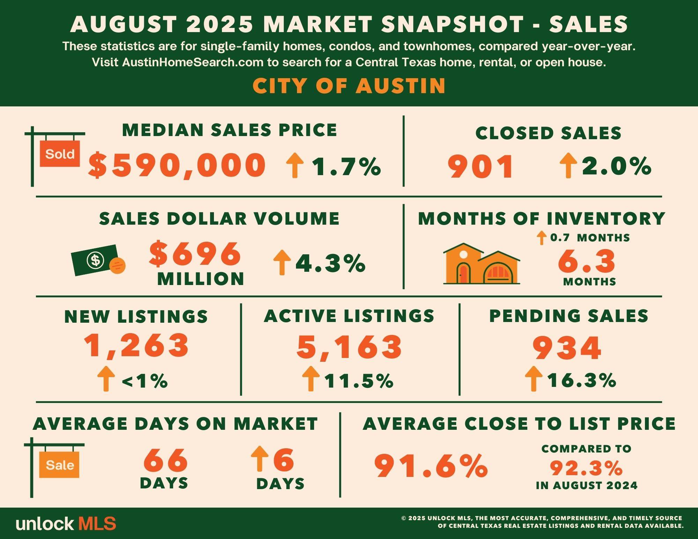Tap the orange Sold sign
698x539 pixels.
[x=60, y=154]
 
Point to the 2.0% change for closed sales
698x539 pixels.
[x=616, y=166]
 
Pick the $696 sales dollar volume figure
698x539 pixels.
[x=195, y=254]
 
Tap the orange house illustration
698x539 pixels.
[x=481, y=264]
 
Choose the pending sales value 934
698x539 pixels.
[x=567, y=348]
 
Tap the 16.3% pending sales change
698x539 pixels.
[x=581, y=380]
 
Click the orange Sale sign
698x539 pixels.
[x=60, y=465]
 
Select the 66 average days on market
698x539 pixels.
[x=165, y=460]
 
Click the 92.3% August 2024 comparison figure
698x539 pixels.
[x=586, y=468]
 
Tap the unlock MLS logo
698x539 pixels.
[x=66, y=524]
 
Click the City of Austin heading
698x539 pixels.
[x=349, y=86]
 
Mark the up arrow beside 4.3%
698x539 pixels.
[x=282, y=263]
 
